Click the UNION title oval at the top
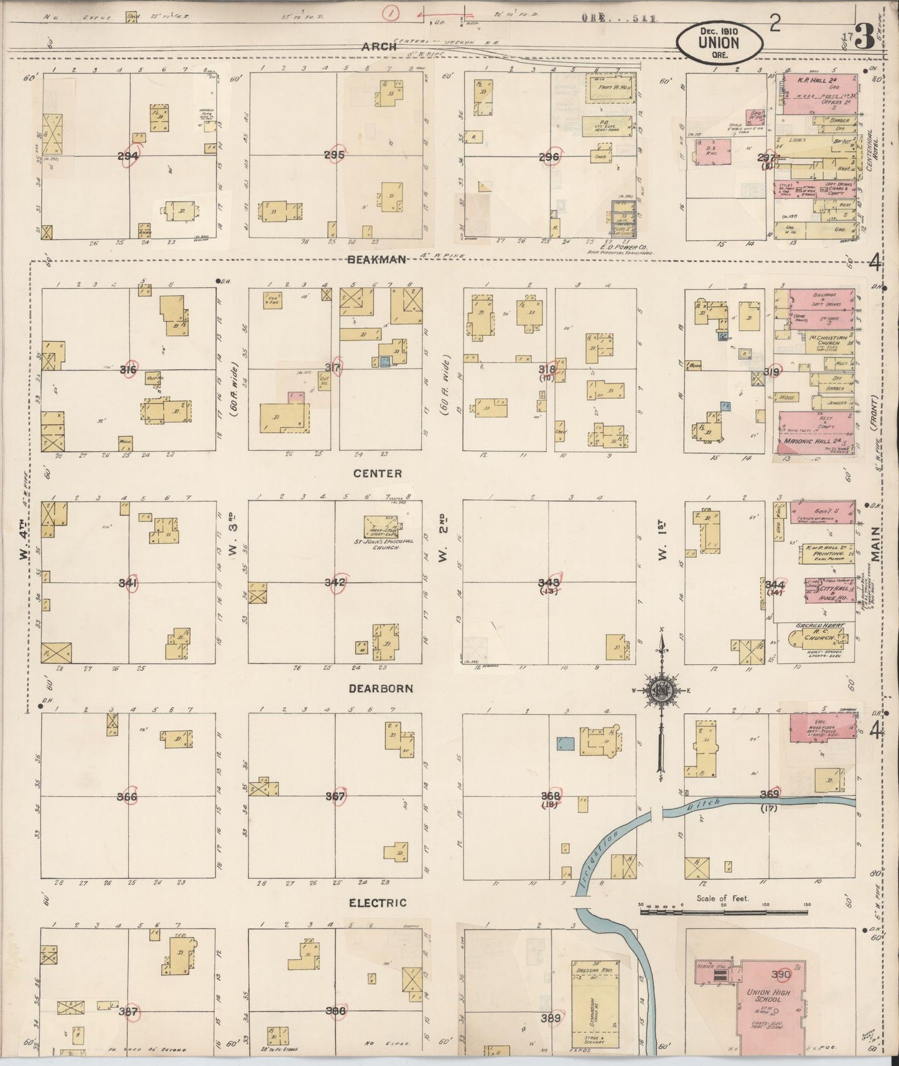point(719,42)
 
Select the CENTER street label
point(377,473)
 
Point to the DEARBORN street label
point(381,688)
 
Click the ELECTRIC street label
point(378,902)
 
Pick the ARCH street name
point(381,47)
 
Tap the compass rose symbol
point(660,690)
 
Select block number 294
point(128,155)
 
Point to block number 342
point(335,582)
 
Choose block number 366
point(127,796)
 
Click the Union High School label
point(768,995)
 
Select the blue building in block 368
point(566,743)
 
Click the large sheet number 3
point(864,39)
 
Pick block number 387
point(128,1011)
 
